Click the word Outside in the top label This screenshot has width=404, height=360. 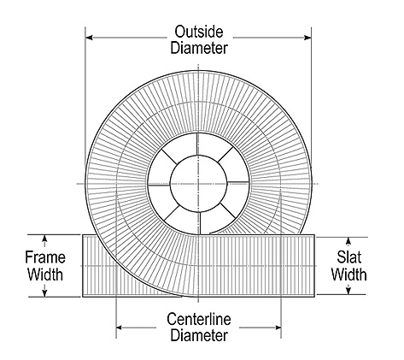(199, 32)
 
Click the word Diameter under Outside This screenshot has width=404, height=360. (199, 48)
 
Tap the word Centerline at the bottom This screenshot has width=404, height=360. (199, 319)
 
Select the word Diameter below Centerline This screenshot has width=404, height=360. (199, 335)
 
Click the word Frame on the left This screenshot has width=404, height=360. (45, 257)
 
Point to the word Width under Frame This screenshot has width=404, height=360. (45, 274)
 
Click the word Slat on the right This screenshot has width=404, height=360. (349, 257)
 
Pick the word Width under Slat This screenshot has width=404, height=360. (348, 274)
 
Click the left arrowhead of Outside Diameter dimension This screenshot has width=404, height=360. (89, 38)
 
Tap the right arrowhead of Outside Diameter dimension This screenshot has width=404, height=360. (307, 38)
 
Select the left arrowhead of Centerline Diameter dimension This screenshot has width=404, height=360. (120, 328)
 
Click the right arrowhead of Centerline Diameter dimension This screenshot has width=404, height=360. (278, 328)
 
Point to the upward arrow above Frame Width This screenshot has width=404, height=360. (44, 240)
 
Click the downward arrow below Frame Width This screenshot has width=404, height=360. (44, 290)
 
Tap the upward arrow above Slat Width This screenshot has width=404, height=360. (348, 243)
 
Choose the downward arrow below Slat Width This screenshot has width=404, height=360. (348, 289)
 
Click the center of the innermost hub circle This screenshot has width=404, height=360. (198, 184)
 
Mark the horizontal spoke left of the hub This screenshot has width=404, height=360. (159, 185)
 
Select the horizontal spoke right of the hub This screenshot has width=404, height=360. (238, 182)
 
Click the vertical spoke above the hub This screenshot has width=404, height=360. (197, 145)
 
